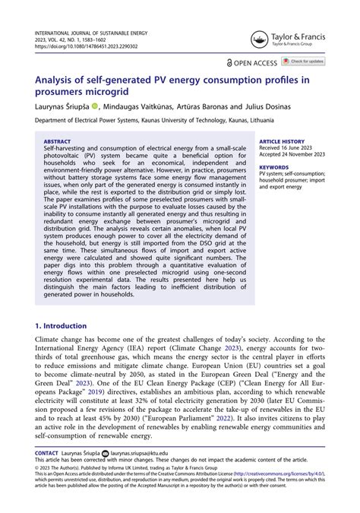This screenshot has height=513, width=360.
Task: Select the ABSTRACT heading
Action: (x=58, y=141)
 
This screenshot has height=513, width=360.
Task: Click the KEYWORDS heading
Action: (x=273, y=166)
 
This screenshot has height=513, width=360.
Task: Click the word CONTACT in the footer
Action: (x=46, y=452)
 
